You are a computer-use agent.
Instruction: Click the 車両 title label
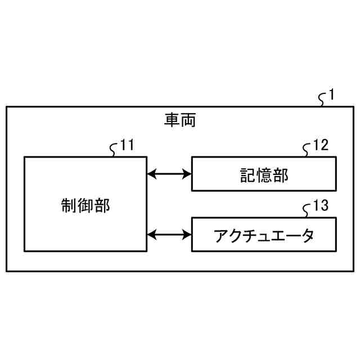(180, 120)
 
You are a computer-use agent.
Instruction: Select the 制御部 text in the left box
(85, 205)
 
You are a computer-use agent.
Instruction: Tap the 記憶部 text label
(264, 175)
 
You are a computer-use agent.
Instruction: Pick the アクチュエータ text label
(264, 235)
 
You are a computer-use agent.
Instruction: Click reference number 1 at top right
(332, 94)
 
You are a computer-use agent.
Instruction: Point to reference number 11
(127, 145)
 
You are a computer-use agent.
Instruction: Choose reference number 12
(320, 145)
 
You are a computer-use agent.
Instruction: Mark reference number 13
(320, 206)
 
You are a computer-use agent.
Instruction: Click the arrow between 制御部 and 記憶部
(169, 174)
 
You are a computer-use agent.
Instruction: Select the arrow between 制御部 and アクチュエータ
(169, 233)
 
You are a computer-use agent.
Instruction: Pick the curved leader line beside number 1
(322, 100)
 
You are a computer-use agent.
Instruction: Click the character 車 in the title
(172, 120)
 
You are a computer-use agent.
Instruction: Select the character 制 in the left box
(69, 205)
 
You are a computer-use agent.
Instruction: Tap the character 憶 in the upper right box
(264, 175)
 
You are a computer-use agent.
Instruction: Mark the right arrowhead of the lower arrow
(188, 233)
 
